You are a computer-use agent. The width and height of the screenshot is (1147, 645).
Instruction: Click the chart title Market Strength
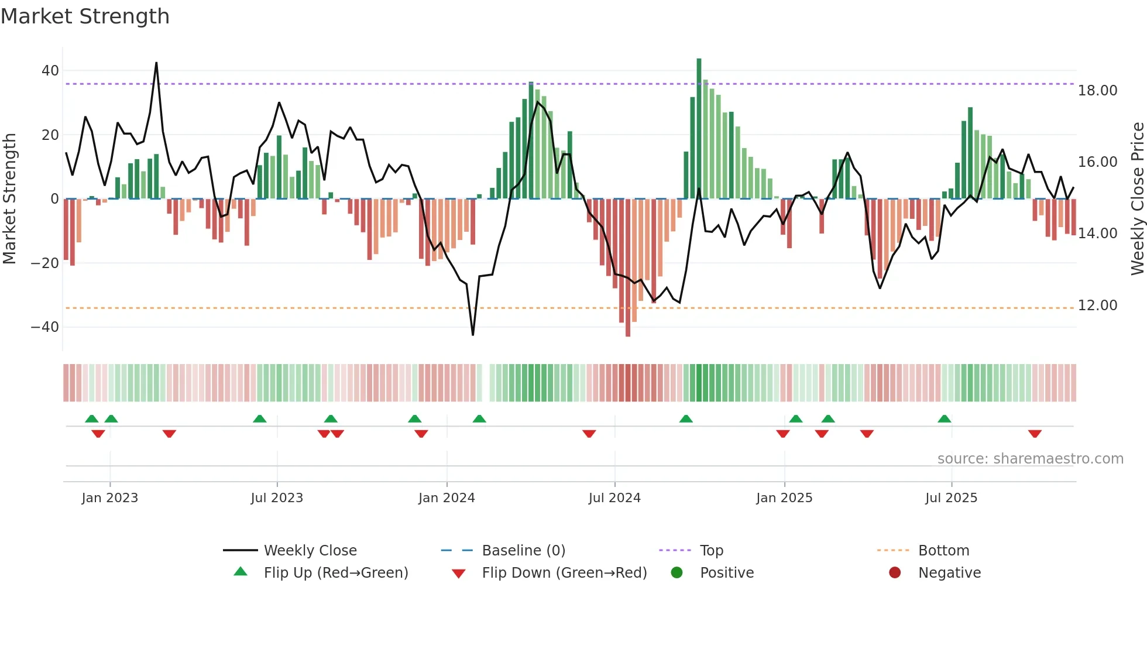(85, 16)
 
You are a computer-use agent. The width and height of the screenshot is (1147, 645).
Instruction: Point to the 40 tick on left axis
(50, 71)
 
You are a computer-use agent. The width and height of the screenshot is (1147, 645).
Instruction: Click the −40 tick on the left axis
(45, 327)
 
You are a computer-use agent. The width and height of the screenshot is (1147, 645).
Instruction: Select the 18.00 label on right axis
(1097, 91)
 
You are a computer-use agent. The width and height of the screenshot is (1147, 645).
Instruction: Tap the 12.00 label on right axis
(1097, 306)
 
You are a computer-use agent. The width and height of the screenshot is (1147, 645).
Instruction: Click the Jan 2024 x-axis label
(447, 498)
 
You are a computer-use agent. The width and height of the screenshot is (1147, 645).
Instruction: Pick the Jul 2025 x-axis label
(951, 498)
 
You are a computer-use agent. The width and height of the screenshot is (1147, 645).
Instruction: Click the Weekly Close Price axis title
(1137, 199)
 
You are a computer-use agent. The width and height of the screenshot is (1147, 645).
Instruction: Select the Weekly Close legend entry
(310, 551)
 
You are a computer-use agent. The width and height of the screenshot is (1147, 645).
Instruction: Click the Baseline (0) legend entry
(523, 551)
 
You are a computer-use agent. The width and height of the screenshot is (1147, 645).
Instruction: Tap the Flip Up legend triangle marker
(241, 572)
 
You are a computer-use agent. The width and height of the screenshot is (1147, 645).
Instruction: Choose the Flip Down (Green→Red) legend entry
(564, 573)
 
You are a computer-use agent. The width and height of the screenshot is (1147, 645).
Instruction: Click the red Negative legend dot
(895, 573)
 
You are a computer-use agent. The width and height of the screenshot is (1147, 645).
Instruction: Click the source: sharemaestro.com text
(1030, 459)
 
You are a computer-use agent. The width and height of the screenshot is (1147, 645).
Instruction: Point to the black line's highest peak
(156, 63)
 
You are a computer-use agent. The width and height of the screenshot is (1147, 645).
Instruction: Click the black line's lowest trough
(473, 335)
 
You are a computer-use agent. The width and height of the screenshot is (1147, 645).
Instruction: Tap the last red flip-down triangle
(1035, 434)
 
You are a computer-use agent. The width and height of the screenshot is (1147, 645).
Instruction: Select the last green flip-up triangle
(944, 418)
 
